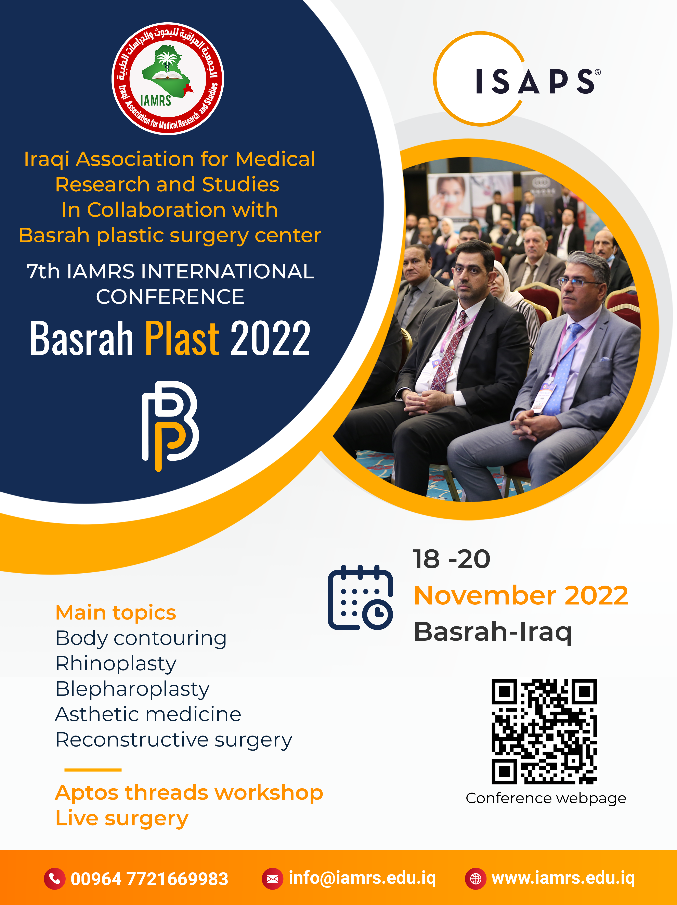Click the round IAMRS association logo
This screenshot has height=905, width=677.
coord(168,79)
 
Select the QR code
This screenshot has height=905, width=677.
coord(544,731)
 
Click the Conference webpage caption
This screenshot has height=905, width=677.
coord(546,798)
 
